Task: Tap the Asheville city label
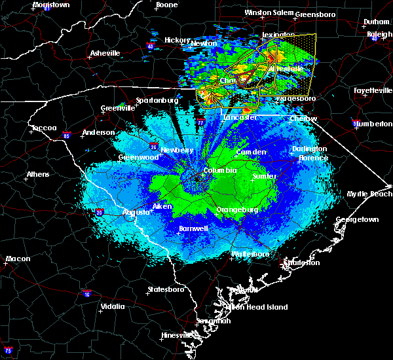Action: point(105,53)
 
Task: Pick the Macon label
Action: point(18,259)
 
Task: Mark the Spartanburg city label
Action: point(157,100)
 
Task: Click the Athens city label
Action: point(37,175)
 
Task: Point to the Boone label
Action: point(166,5)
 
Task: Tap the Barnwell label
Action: point(193,228)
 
